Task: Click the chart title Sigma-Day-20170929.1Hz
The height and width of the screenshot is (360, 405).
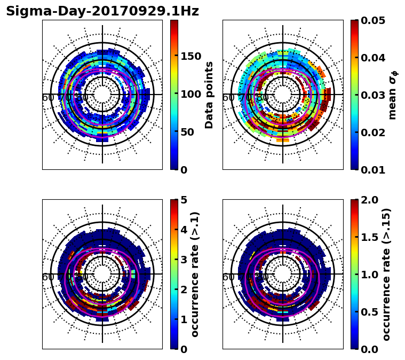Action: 102,12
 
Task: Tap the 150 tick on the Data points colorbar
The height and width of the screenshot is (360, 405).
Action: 191,57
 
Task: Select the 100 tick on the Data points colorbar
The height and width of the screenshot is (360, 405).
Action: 191,95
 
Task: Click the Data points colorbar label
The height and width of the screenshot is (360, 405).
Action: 209,95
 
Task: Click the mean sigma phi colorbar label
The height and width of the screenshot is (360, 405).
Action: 393,95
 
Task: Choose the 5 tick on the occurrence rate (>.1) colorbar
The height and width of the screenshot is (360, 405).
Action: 185,200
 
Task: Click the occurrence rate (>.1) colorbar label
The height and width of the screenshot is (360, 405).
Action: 195,275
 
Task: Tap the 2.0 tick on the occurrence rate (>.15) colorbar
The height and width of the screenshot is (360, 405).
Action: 369,200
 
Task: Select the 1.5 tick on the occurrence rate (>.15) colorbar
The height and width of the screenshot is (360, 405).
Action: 369,237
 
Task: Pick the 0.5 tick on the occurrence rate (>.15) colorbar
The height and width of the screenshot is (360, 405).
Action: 369,312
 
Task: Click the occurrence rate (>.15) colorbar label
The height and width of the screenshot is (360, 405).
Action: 387,275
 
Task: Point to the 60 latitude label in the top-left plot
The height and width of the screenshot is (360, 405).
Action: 47,98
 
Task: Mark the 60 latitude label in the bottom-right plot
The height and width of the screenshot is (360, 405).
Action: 228,277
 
